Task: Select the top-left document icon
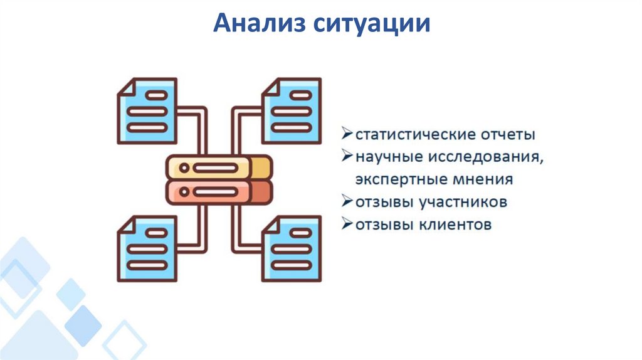[147, 110]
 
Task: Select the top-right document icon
[292, 110]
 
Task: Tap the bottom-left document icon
[147, 248]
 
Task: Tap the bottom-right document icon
[292, 248]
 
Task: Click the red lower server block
[219, 192]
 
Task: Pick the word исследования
[488, 157]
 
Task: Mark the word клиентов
[456, 225]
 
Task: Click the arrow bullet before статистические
[347, 134]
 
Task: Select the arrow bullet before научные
[347, 156]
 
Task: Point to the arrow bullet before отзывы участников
[347, 202]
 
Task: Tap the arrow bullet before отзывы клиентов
[347, 224]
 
